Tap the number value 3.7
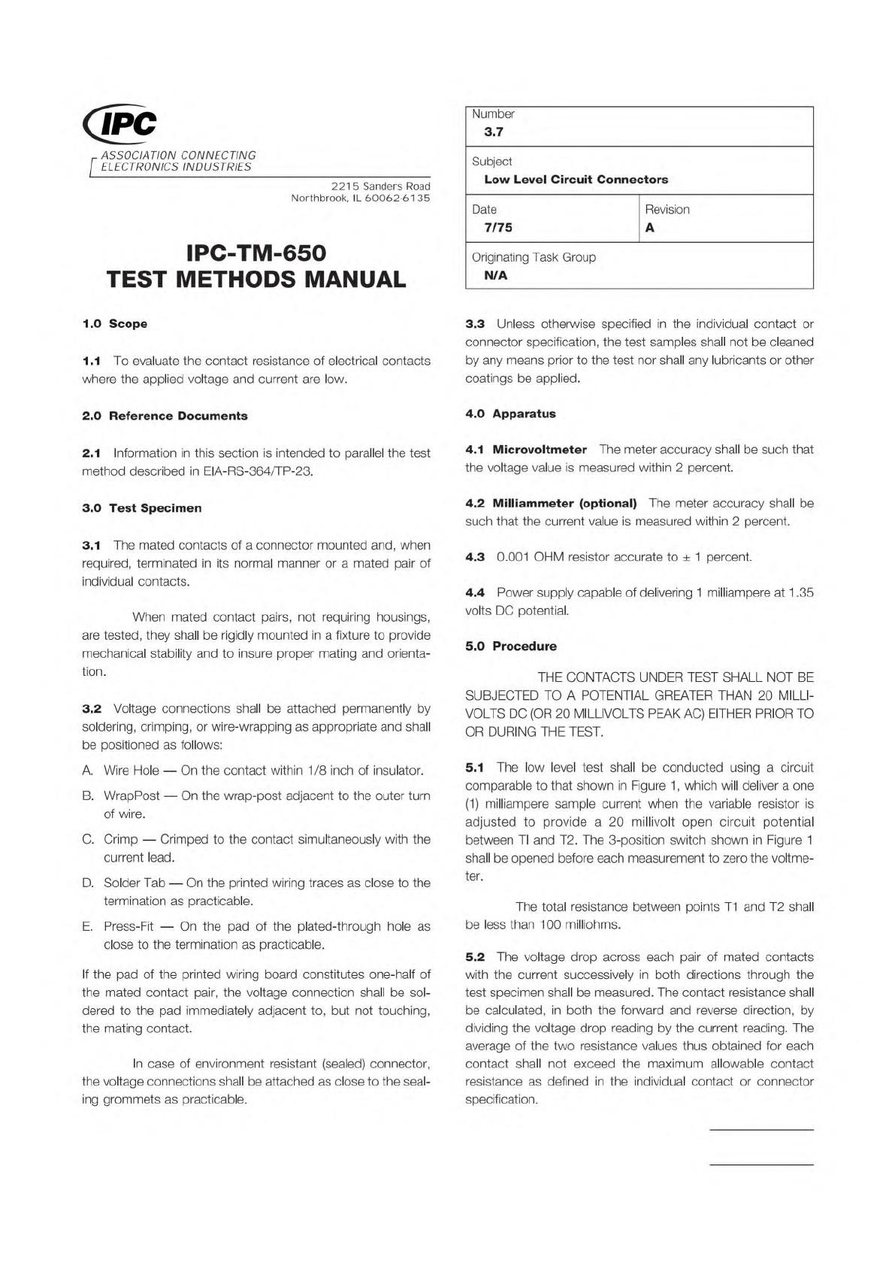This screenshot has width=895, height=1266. [x=494, y=132]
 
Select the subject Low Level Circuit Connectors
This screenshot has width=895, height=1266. [x=576, y=180]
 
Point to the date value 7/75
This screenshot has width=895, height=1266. [x=498, y=228]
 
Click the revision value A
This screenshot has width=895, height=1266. [x=650, y=228]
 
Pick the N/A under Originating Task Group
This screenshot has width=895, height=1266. [x=496, y=276]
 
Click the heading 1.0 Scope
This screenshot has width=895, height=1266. [x=114, y=324]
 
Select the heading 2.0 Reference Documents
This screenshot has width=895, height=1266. [x=165, y=416]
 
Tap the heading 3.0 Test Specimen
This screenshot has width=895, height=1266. [x=142, y=508]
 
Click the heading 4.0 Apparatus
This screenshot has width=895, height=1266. [x=510, y=413]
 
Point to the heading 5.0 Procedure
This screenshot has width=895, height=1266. [x=511, y=647]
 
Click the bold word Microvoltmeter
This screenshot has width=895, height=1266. [x=540, y=450]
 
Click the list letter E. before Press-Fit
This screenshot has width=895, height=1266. [x=86, y=927]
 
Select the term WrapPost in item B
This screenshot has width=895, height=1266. [x=132, y=795]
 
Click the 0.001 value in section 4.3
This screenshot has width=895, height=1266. [x=513, y=557]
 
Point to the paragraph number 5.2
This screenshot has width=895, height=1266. [x=475, y=957]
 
